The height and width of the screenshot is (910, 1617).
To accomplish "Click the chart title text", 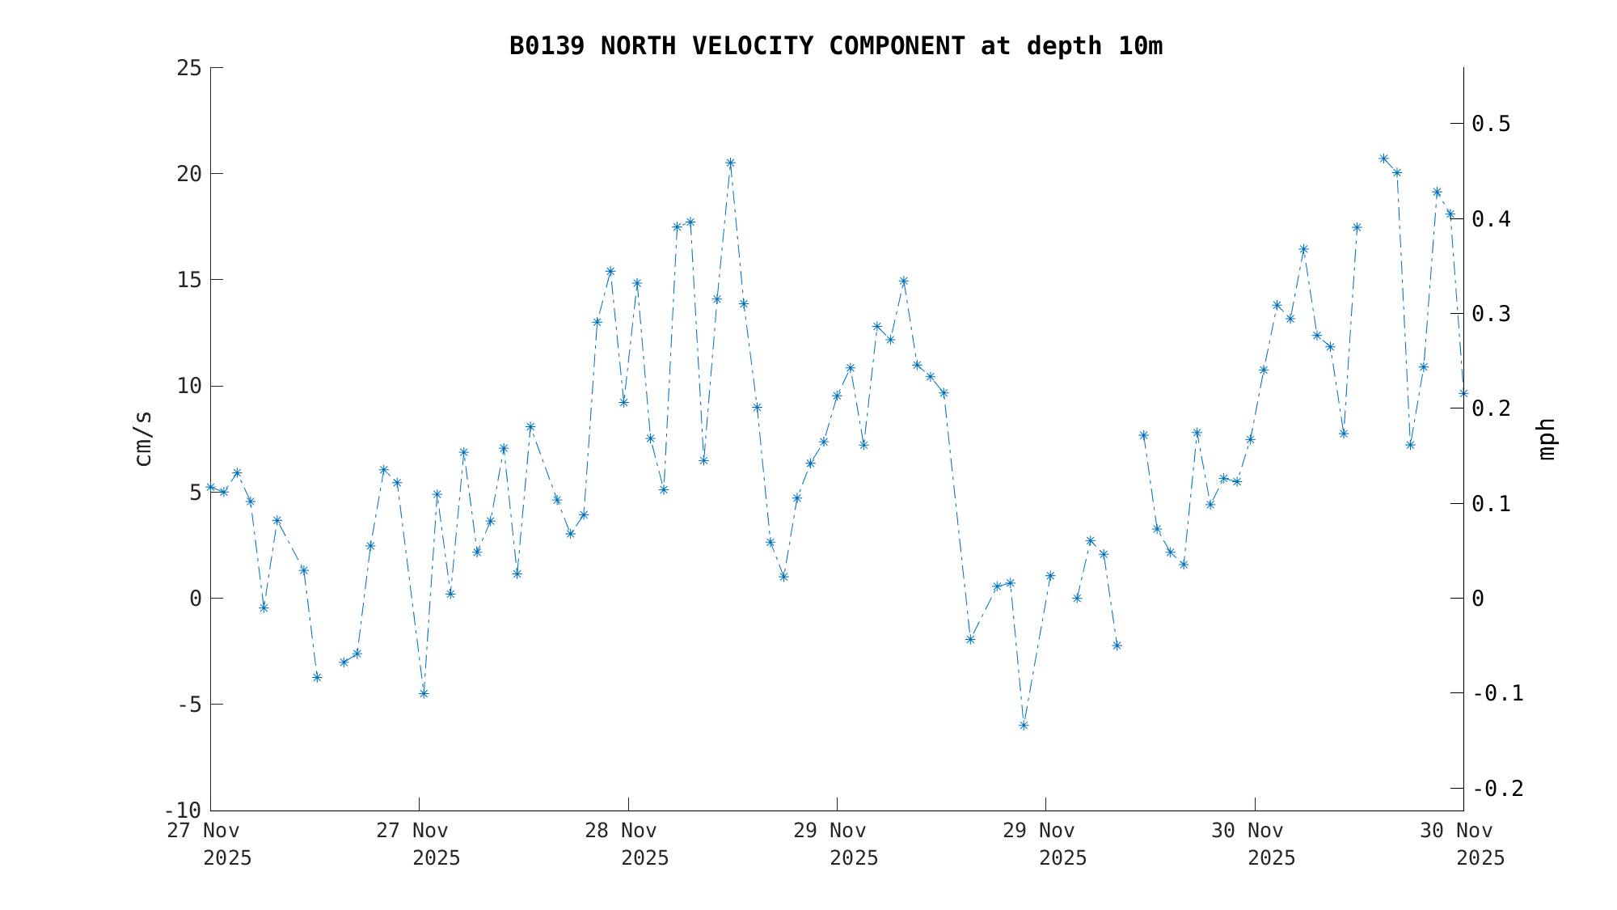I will pos(835,46).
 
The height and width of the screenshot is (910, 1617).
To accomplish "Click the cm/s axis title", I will pos(143,438).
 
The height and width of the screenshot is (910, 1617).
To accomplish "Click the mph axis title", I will pos(1546,439).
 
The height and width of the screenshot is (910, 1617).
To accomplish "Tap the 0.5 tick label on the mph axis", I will pos(1491,124).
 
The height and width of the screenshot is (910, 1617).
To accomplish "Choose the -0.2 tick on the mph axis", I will pos(1497,789).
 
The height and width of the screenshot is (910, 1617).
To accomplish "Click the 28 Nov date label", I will pos(620,831).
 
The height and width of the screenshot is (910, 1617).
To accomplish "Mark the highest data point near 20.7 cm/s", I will pos(1383,159).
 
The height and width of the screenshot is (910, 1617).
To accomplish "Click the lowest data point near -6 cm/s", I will pos(1024,726).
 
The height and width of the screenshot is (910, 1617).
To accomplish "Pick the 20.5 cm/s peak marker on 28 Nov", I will pos(730,163).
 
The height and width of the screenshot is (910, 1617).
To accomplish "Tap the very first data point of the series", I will pos(211,487).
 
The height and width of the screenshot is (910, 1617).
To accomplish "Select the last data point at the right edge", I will pos(1463,393).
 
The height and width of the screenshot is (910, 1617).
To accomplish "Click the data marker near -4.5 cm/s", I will pos(424,693).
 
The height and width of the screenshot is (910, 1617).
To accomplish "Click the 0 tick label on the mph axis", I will pos(1478,599).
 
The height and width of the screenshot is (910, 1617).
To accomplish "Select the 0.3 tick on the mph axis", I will pos(1491,314).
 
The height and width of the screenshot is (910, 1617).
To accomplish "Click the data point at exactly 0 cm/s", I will pos(1077,598).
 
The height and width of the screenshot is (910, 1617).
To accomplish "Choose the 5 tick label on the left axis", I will pos(195,493).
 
